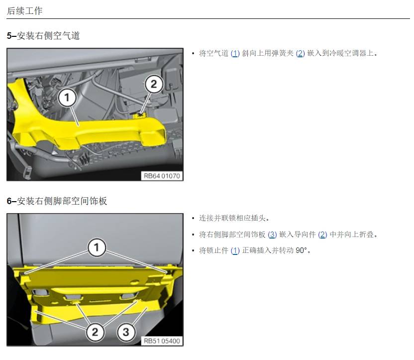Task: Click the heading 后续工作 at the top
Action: coord(24,11)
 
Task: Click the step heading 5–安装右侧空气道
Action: coord(43,36)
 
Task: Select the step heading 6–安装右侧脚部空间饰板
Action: coord(57,201)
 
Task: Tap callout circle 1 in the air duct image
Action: coord(67,98)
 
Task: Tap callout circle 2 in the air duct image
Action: coord(154,84)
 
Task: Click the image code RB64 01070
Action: coord(162,176)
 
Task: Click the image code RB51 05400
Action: coord(162,341)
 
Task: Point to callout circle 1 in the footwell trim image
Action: coord(97,247)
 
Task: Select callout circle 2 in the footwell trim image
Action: coord(95,332)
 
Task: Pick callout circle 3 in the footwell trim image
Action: coord(126,332)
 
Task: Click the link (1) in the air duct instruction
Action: coord(235,54)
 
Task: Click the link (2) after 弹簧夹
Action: coord(300,54)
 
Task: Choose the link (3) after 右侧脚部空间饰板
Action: coord(272,235)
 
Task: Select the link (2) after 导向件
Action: coord(322,235)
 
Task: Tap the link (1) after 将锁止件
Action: coord(235,250)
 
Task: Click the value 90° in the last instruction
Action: coord(301,250)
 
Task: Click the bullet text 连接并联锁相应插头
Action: coord(234,218)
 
